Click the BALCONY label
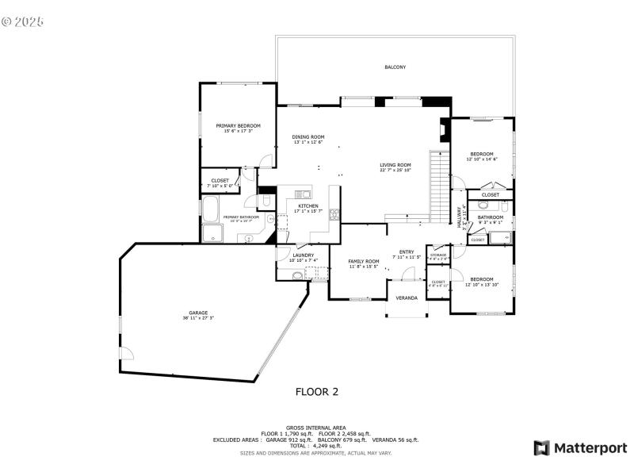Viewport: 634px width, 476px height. (x=395, y=67)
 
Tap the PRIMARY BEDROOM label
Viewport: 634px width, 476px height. (x=238, y=125)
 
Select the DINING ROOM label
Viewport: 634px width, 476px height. (x=308, y=137)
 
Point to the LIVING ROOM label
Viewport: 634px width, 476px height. (x=395, y=165)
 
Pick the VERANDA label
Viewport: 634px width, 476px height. (x=407, y=298)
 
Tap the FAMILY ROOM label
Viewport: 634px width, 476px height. (x=365, y=261)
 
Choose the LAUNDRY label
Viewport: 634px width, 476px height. (x=303, y=255)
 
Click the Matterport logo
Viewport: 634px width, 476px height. (x=580, y=448)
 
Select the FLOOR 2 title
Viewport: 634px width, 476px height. (x=317, y=391)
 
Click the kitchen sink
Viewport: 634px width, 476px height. (x=304, y=194)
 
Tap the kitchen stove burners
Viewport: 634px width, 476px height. (x=334, y=213)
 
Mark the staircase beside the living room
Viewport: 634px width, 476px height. (x=439, y=187)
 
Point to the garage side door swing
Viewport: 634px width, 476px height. (x=124, y=353)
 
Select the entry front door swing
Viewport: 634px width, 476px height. (x=409, y=274)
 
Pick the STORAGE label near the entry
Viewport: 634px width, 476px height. (x=438, y=255)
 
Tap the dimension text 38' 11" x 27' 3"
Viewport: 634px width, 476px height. (x=197, y=318)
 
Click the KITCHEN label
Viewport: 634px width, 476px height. (x=307, y=206)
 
